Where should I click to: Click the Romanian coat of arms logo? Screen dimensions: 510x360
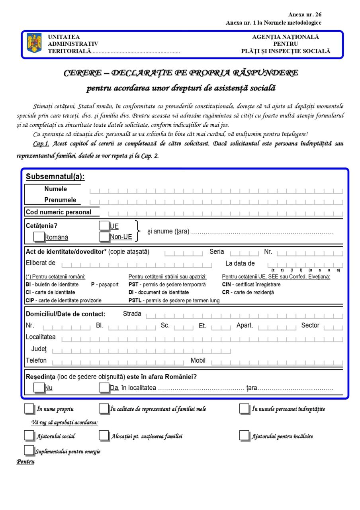(x=34, y=43)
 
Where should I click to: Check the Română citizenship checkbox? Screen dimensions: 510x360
(x=39, y=236)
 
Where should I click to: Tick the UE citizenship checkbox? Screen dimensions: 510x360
(x=104, y=226)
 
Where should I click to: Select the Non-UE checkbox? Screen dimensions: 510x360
(x=104, y=237)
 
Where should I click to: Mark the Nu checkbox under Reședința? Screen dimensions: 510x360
(x=39, y=387)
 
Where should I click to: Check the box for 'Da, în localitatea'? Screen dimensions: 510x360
(x=104, y=387)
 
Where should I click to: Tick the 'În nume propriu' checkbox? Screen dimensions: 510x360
(x=29, y=409)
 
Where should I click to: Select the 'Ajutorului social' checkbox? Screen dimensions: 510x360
(x=29, y=436)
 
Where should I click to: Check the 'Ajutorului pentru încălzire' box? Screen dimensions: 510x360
(x=245, y=436)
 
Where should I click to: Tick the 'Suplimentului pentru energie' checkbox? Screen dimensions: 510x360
(x=29, y=450)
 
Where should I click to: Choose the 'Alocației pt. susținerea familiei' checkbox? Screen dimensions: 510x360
(x=104, y=436)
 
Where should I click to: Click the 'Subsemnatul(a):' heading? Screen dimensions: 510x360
(x=55, y=177)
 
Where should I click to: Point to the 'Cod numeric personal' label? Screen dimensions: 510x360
(x=59, y=212)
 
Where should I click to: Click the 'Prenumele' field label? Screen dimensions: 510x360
(x=60, y=200)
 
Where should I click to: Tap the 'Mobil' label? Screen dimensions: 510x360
(x=198, y=361)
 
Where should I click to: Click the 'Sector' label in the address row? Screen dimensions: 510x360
(x=310, y=325)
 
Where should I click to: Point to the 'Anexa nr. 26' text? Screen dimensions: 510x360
(x=305, y=15)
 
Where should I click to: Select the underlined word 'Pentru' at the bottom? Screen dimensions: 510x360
(x=25, y=462)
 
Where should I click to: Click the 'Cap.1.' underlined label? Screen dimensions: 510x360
(x=41, y=143)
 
